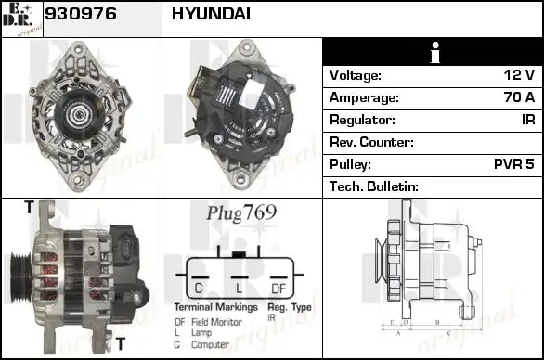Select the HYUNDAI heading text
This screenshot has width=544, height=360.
point(211,16)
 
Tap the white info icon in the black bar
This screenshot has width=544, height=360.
point(432,54)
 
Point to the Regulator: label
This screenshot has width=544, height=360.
point(363,121)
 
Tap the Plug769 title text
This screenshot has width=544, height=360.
point(240,213)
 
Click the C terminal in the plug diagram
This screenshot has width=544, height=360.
point(199,286)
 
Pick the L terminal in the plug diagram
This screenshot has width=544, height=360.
point(239,286)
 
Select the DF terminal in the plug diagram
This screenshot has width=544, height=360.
point(278,286)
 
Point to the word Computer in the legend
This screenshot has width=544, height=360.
point(209,343)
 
